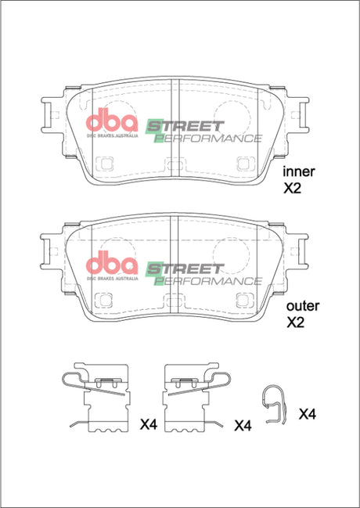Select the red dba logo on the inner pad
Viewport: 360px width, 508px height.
point(110,125)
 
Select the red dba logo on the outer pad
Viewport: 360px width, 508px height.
point(110,262)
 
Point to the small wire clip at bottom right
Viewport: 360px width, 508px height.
point(273,404)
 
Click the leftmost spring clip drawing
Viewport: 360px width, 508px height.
point(97,399)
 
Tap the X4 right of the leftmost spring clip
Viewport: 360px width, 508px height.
point(149,425)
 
